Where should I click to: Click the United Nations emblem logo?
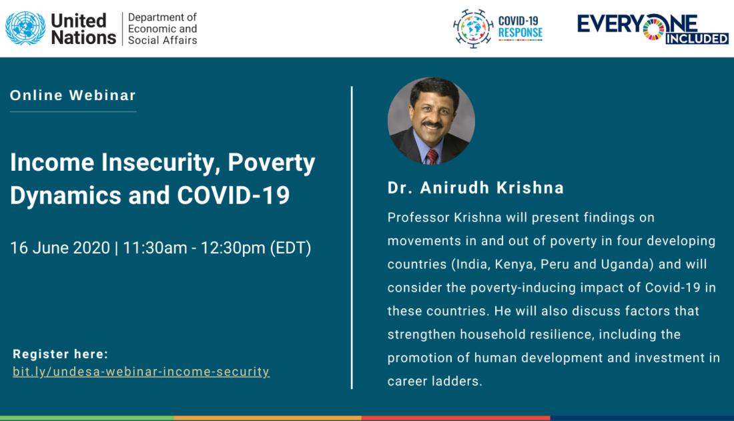tap(25, 29)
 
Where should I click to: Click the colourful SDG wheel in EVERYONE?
tap(653, 27)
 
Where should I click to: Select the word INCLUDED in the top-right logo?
tap(697, 39)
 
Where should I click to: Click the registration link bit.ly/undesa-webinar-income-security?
tap(141, 372)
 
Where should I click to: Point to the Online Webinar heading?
tap(73, 95)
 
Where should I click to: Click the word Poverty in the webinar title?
tap(272, 163)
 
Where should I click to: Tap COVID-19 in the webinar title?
tap(233, 195)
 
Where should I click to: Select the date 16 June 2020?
tap(60, 248)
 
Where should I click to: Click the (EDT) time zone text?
tap(291, 248)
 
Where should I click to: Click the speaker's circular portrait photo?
tap(431, 121)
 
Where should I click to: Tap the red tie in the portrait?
tap(432, 157)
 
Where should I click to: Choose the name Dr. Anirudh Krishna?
tap(476, 187)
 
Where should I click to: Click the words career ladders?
tap(434, 381)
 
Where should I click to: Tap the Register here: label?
tap(60, 354)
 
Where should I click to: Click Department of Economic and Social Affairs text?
tap(162, 29)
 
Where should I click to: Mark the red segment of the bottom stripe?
tap(456, 418)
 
